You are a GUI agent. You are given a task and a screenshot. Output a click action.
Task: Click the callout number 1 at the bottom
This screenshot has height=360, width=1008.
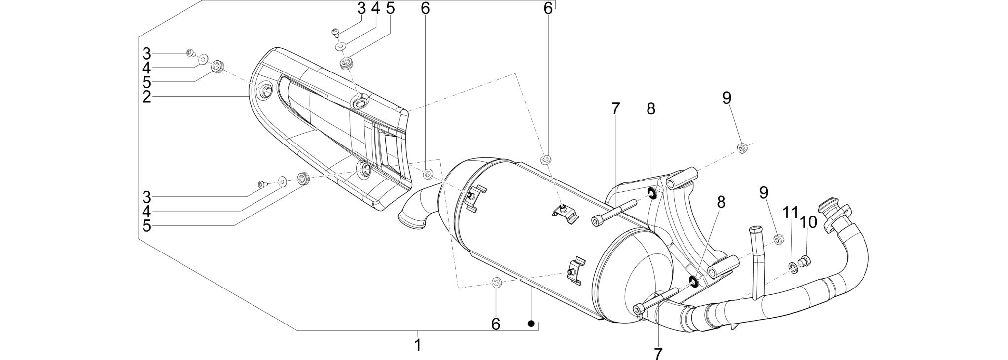click(418, 345)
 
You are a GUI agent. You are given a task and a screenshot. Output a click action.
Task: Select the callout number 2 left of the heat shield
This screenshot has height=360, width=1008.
click(146, 97)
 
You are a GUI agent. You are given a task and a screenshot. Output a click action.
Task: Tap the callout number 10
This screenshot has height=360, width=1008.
click(809, 222)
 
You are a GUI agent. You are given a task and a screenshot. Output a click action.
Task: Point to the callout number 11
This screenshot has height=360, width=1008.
click(791, 213)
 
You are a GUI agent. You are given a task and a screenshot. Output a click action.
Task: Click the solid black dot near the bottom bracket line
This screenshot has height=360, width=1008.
click(531, 324)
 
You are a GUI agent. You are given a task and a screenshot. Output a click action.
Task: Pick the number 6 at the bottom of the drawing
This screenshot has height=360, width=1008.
click(496, 324)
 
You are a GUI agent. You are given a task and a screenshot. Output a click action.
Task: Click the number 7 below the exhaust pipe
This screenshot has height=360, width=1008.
click(658, 353)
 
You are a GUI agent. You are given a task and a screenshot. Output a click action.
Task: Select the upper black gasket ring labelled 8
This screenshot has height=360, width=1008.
click(652, 192)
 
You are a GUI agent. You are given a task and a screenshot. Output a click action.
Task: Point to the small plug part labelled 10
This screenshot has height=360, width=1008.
click(804, 261)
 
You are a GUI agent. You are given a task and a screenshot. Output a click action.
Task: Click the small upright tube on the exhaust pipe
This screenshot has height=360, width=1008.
click(757, 262)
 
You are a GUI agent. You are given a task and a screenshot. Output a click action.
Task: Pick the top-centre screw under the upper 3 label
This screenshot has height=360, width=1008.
click(335, 33)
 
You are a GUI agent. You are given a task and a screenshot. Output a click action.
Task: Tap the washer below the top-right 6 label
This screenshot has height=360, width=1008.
click(546, 159)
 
